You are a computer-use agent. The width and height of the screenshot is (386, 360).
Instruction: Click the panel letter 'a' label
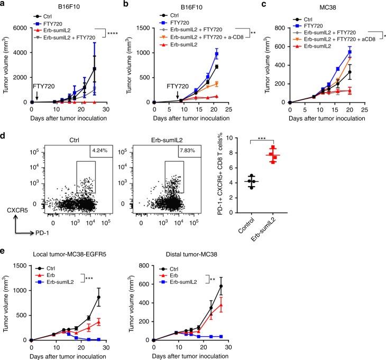pyautogui.click(x=3, y=4)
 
